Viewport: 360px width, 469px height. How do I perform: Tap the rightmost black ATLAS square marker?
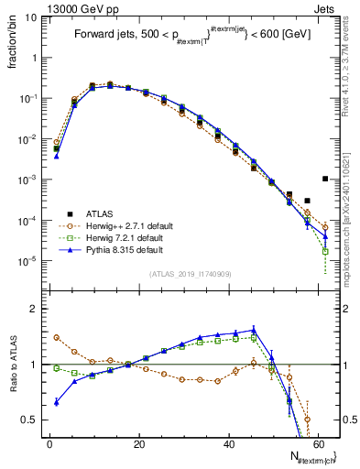325,179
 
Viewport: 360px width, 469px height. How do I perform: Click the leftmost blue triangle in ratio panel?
57,402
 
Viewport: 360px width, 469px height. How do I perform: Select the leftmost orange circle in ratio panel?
57,337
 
